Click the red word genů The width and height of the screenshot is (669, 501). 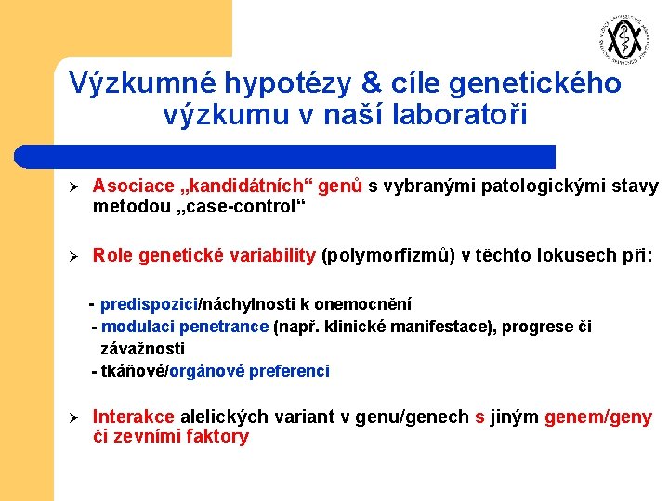tap(340, 186)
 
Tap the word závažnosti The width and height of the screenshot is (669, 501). tap(143, 349)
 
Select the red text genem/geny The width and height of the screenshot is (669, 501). tap(598, 417)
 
